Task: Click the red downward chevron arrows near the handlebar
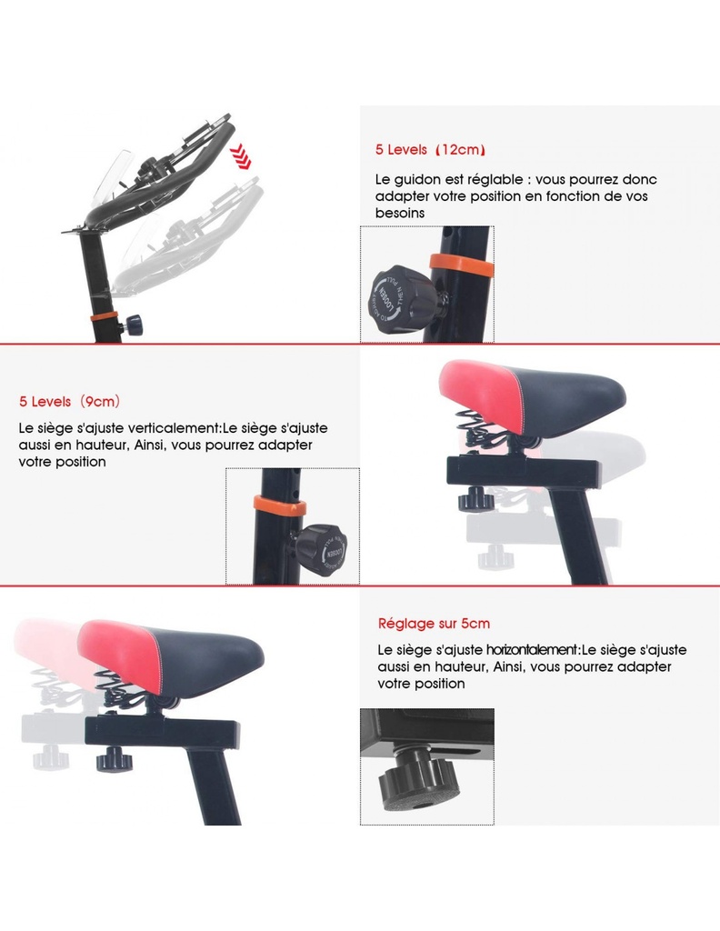[x=241, y=156]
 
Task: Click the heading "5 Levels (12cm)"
[x=430, y=150]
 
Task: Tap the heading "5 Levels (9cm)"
[x=69, y=401]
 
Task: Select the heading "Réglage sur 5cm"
[x=434, y=624]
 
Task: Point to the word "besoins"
[x=400, y=213]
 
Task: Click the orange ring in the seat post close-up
[x=280, y=506]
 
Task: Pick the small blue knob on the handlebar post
[x=134, y=325]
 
